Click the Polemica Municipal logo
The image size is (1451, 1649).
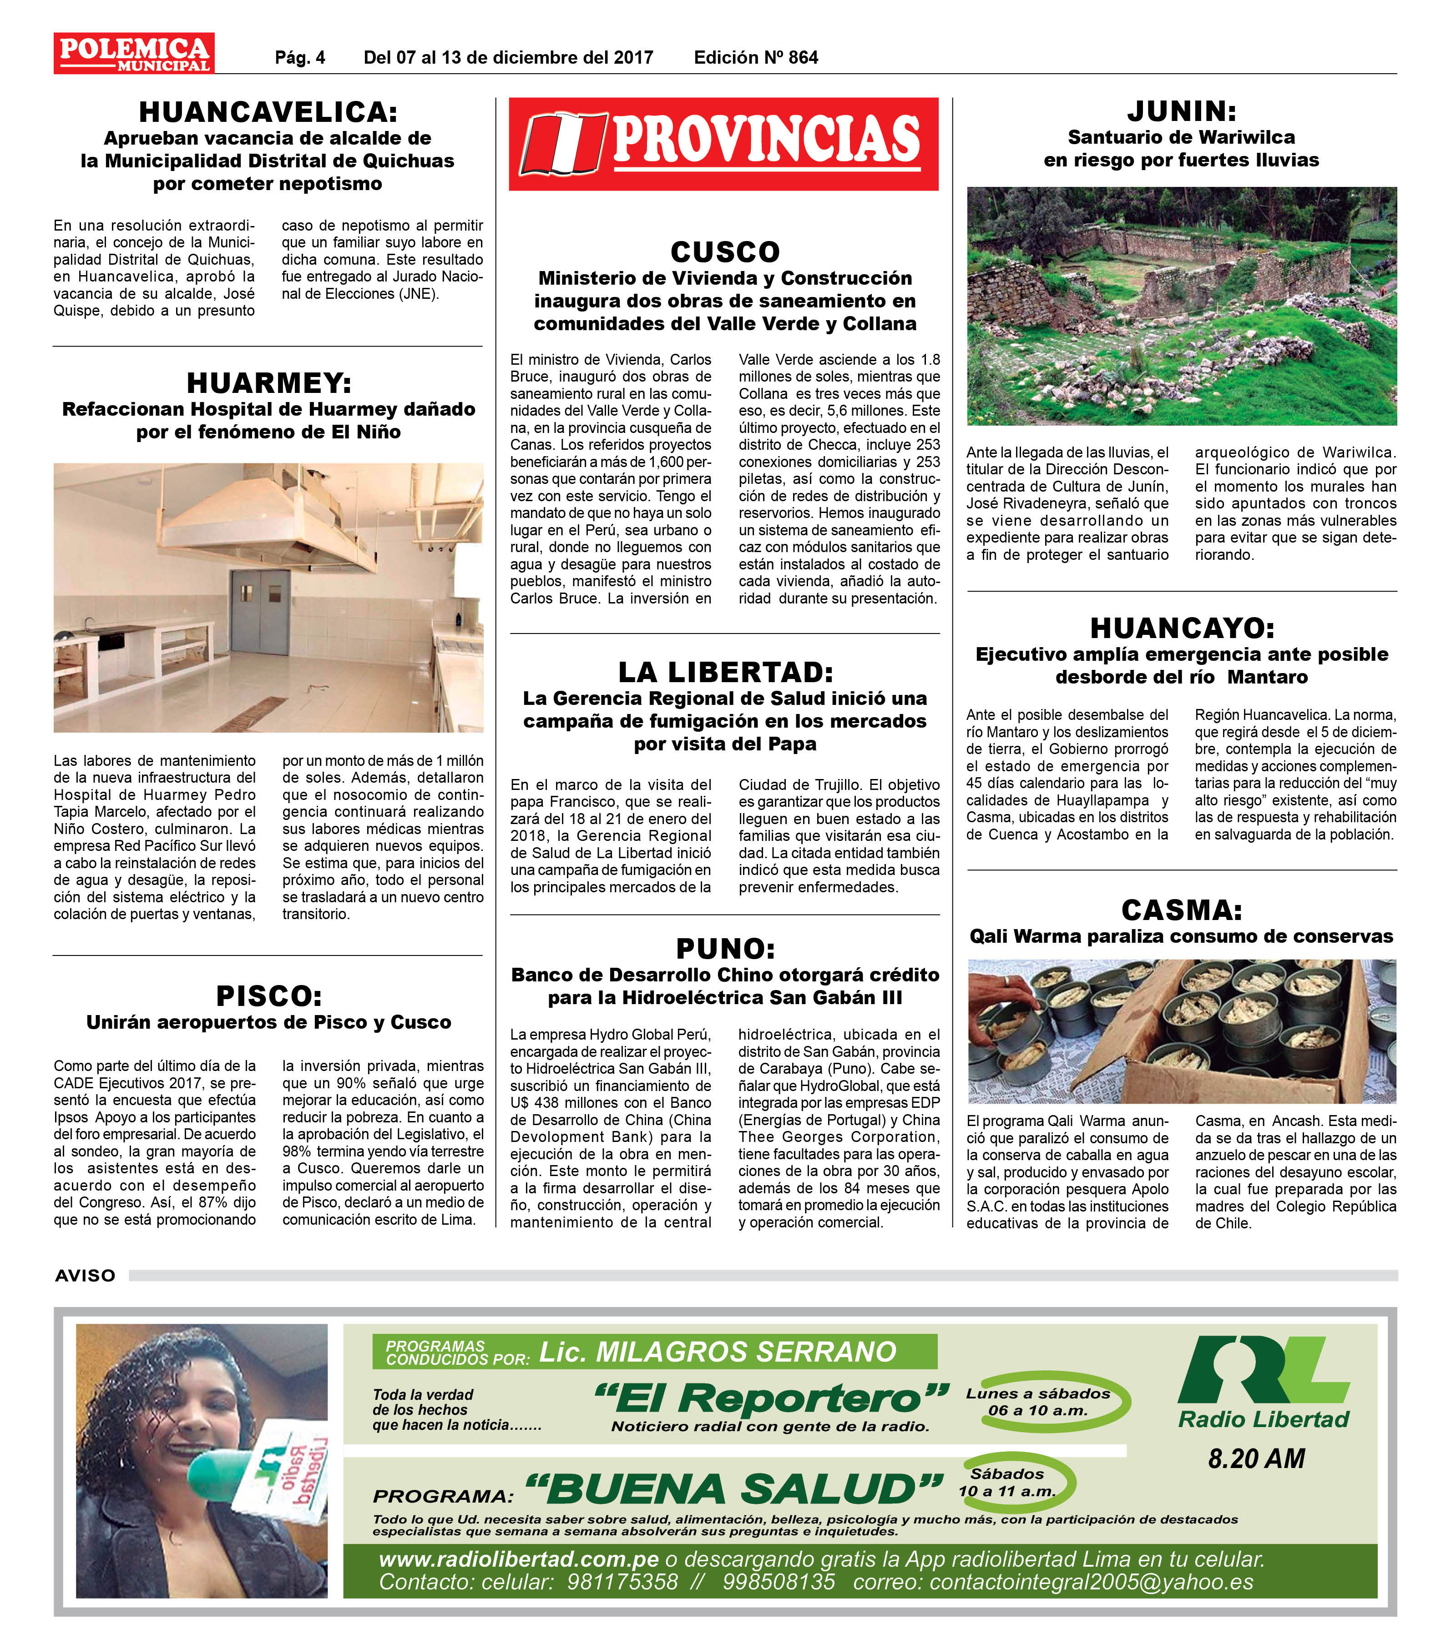click(x=134, y=53)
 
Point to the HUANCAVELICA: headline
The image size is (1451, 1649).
click(x=268, y=111)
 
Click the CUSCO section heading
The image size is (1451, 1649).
click(x=725, y=251)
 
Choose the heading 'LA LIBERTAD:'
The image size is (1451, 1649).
click(x=725, y=671)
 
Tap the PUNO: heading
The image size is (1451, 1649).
click(x=725, y=948)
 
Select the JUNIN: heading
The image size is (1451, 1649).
click(x=1182, y=111)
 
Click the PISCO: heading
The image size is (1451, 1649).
click(x=268, y=995)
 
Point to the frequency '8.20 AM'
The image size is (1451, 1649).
click(x=1256, y=1458)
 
